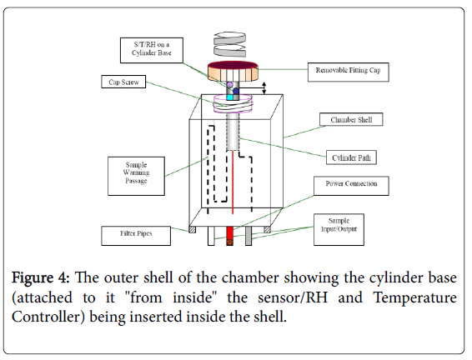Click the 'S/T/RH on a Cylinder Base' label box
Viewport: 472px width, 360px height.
(152, 50)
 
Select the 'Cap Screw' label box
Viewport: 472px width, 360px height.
(123, 82)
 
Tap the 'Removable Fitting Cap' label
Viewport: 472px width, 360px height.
(348, 72)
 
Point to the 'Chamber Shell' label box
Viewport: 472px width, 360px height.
(351, 119)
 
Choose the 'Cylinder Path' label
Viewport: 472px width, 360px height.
(351, 157)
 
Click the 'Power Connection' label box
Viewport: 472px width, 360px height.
(351, 186)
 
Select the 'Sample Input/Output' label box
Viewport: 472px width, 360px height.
(339, 229)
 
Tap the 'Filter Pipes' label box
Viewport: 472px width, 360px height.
(136, 236)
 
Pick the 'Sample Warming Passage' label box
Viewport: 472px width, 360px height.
(136, 176)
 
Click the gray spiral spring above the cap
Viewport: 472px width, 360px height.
(229, 44)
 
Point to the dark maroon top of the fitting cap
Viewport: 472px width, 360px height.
(233, 65)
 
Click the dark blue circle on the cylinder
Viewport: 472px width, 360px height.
(236, 91)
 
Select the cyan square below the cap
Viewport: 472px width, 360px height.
(229, 97)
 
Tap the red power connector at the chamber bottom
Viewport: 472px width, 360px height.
(229, 236)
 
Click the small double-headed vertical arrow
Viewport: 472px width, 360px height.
(264, 87)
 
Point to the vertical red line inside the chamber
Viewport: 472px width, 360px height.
(233, 182)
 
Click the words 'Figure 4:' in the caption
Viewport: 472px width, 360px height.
(41, 277)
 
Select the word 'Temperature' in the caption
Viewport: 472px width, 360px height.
(414, 297)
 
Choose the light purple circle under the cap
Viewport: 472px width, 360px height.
(229, 85)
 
